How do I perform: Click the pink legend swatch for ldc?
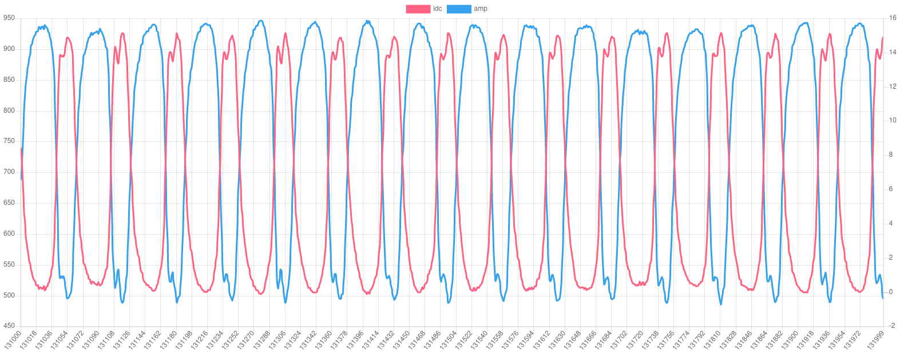tap(418, 9)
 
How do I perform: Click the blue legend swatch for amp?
tap(458, 9)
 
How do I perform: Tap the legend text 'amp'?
tap(481, 9)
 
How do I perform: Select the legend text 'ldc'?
tap(438, 9)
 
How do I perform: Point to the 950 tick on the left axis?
tap(9, 18)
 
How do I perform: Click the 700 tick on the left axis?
tap(9, 172)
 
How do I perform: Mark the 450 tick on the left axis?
tap(9, 326)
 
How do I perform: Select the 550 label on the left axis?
tap(9, 264)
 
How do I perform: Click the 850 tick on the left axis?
tap(9, 79)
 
